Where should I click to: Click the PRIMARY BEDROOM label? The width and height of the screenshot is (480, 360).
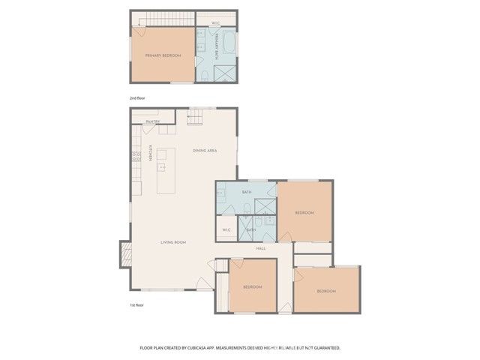(x=163, y=55)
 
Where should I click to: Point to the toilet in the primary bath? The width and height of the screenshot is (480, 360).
(x=205, y=76)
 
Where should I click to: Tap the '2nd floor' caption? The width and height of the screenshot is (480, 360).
(x=138, y=98)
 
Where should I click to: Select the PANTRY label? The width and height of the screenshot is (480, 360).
(x=152, y=121)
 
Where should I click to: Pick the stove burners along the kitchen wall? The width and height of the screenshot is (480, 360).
(x=136, y=156)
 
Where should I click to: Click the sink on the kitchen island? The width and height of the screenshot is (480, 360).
(x=161, y=166)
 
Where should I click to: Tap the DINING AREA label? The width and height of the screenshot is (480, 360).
(x=204, y=151)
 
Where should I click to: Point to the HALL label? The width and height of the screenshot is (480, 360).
(x=261, y=248)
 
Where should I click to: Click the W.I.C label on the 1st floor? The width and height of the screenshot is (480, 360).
(x=226, y=229)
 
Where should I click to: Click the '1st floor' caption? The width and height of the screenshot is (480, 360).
(x=137, y=305)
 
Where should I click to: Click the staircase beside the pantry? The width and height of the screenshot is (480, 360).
(x=194, y=118)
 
